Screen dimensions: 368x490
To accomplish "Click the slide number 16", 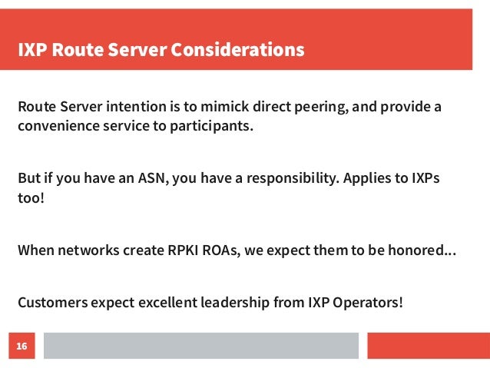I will point(22,347).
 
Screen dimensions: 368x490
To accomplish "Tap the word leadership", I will point(233,301).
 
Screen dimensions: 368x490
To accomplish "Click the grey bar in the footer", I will point(201,346).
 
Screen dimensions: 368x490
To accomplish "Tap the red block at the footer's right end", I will point(428,346).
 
